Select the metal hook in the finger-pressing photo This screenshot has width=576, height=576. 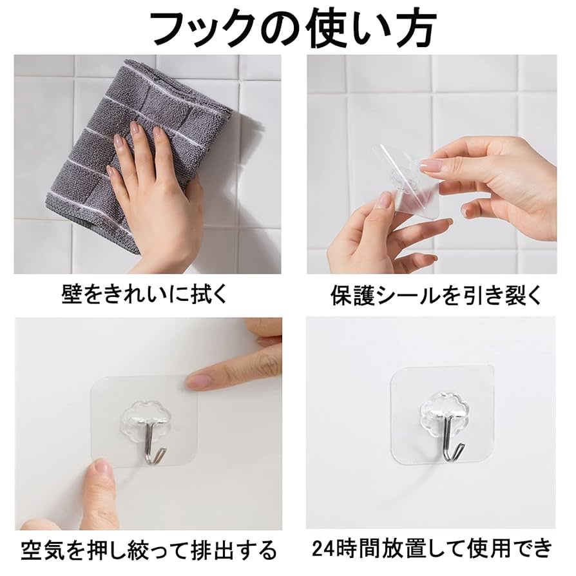155,445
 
